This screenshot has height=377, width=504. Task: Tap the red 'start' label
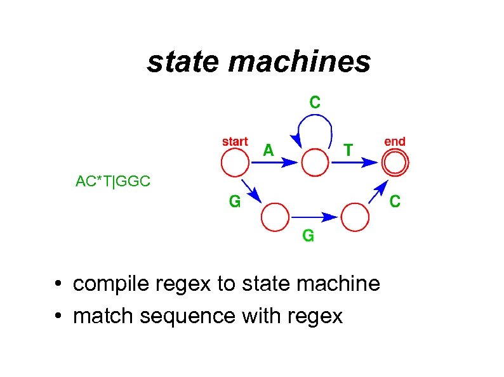point(235,141)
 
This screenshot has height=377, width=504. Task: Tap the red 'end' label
point(395,141)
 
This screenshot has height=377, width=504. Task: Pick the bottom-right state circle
point(355,217)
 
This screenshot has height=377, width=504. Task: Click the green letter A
point(269,150)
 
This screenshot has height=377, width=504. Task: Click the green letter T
point(348,150)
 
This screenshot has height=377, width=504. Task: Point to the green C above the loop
point(315,101)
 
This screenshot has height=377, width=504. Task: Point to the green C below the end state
point(394,201)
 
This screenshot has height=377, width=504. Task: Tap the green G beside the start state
point(235,201)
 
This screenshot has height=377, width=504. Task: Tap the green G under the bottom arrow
point(308,236)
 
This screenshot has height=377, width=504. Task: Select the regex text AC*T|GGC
point(113,182)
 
